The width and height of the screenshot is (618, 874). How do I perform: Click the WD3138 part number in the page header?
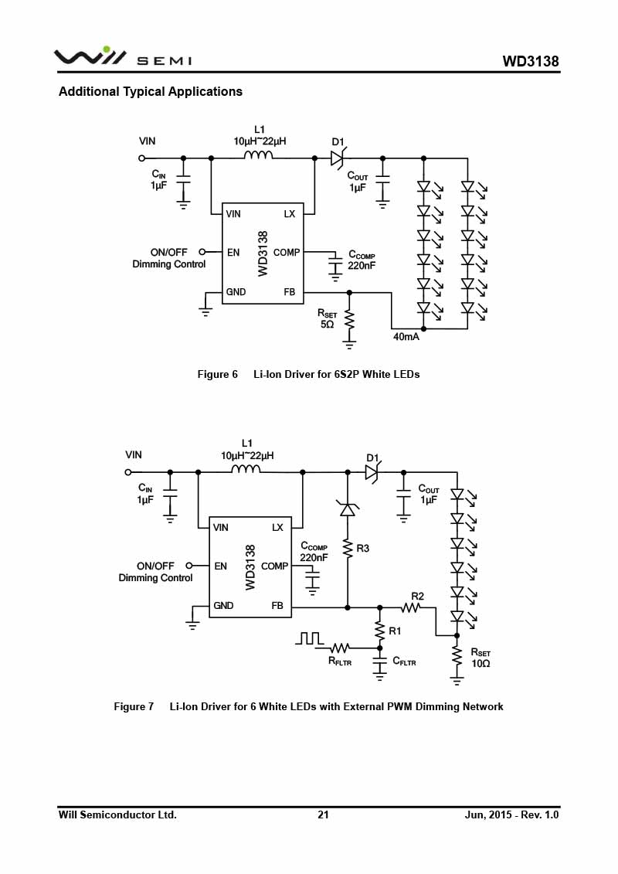pos(530,61)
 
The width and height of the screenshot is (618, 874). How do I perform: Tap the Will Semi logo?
pos(123,57)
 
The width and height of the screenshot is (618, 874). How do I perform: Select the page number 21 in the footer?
pos(323,814)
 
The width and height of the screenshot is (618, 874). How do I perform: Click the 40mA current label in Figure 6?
pos(406,337)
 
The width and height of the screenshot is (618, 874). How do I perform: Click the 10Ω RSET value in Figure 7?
pos(480,663)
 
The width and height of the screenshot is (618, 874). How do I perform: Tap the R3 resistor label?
pos(363,549)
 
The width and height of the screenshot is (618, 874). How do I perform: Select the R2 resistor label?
pos(417,596)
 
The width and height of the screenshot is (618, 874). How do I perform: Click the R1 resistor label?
pos(395,631)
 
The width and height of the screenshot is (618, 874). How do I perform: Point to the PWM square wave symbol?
pos(309,638)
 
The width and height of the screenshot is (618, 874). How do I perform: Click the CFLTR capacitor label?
pos(404,661)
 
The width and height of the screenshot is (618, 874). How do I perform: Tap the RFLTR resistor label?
pos(340,661)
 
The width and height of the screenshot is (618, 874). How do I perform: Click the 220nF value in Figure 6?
pos(362,266)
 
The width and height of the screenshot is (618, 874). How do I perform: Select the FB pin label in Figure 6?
pos(289,292)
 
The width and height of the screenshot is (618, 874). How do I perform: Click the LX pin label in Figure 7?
pos(277,527)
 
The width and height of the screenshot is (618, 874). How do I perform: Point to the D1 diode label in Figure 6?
pos(338,142)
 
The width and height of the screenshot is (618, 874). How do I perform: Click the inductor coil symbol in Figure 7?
pos(246,469)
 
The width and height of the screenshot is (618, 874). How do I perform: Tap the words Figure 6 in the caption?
pos(217,374)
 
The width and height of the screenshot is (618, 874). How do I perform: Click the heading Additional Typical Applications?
pos(151,91)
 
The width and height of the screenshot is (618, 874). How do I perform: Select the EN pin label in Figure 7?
pos(221,566)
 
